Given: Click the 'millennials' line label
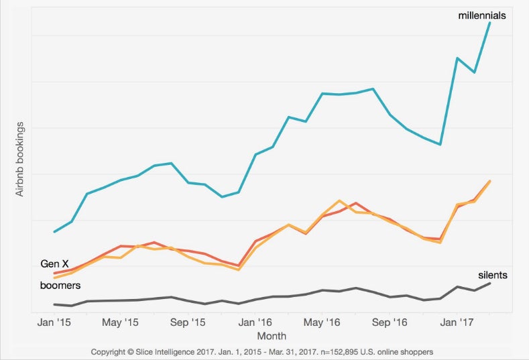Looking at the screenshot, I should [x=482, y=15].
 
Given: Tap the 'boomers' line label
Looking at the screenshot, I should [x=60, y=286].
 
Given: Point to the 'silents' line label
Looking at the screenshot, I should [x=492, y=275].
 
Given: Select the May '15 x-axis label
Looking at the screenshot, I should [x=121, y=322].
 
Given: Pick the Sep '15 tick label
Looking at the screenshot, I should [x=189, y=322].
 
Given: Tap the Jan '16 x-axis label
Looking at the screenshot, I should [x=255, y=322].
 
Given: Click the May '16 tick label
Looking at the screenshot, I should [x=323, y=322].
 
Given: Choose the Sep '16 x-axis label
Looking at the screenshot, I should [x=391, y=322].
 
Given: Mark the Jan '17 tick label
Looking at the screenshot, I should [x=458, y=322].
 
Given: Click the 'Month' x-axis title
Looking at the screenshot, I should [x=272, y=335].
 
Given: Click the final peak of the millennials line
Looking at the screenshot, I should [x=491, y=22].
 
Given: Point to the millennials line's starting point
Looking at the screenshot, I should [x=54, y=232].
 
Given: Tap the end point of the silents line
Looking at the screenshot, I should [x=491, y=283].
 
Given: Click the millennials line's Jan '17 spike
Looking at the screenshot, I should [x=457, y=58].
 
